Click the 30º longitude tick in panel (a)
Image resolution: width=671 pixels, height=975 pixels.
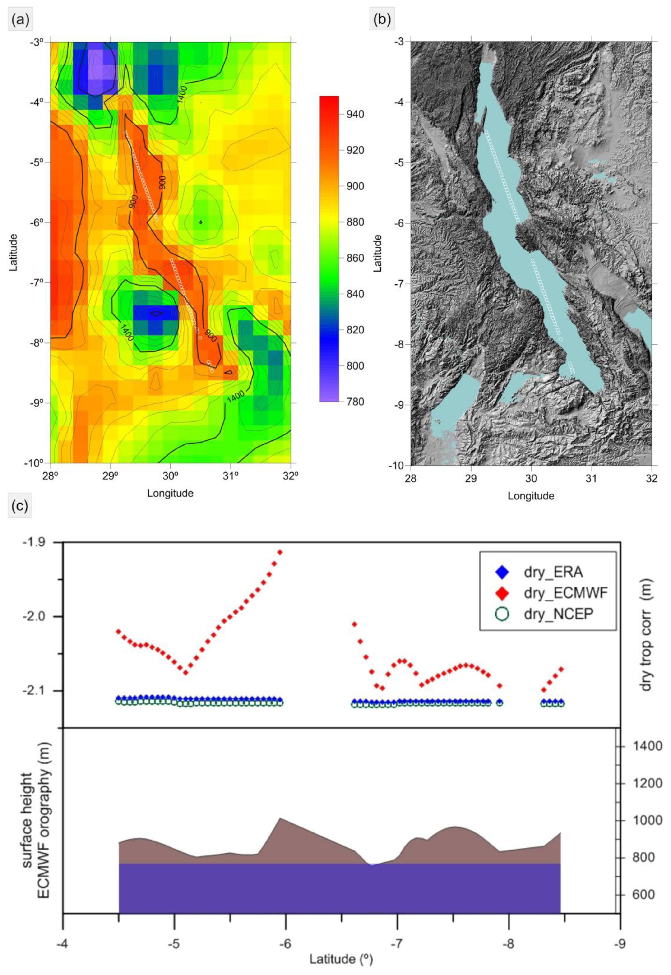pos(170,477)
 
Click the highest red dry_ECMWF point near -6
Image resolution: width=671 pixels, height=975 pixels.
pos(280,552)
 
